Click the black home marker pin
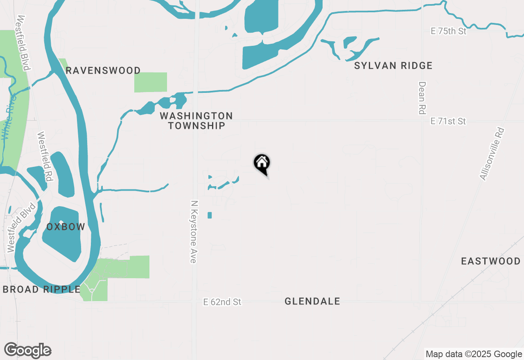pyautogui.click(x=262, y=164)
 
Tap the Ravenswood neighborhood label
pyautogui.click(x=103, y=70)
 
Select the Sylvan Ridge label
pyautogui.click(x=393, y=65)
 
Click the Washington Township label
pyautogui.click(x=196, y=121)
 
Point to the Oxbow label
pyautogui.click(x=65, y=227)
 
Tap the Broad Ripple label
pyautogui.click(x=41, y=289)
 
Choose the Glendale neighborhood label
pyautogui.click(x=312, y=301)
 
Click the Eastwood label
pyautogui.click(x=490, y=261)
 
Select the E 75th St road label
pyautogui.click(x=448, y=31)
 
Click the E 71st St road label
pyautogui.click(x=448, y=121)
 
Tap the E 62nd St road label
pyautogui.click(x=222, y=302)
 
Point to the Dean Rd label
pyautogui.click(x=422, y=98)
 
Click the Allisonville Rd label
pyautogui.click(x=492, y=154)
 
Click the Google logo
pyautogui.click(x=28, y=351)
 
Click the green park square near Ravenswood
pyautogui.click(x=151, y=82)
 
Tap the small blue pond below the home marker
pyautogui.click(x=210, y=215)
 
